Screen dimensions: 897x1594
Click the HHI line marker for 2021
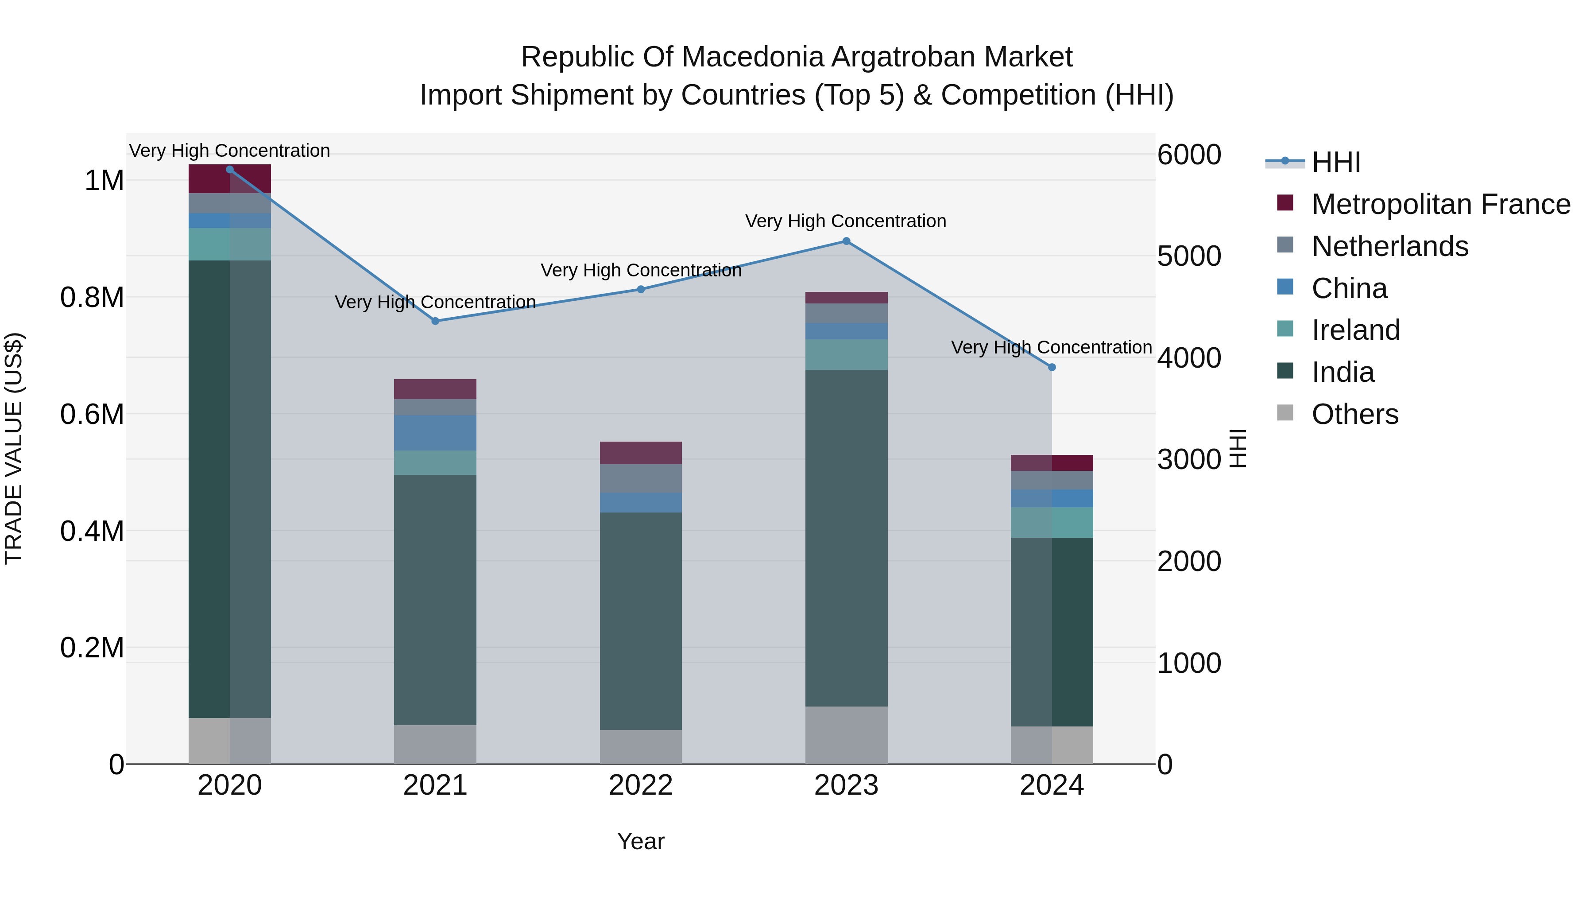435,321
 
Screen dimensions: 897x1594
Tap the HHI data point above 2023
846,241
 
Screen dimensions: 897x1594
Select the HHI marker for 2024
1051,367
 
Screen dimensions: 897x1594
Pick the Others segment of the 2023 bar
846,735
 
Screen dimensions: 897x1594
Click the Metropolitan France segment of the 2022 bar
640,453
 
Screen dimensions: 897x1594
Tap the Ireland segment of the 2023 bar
846,354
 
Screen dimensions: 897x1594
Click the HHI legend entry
1335,162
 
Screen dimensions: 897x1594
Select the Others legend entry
1354,414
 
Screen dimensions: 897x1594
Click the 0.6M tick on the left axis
92,414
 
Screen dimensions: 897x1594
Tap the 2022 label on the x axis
640,785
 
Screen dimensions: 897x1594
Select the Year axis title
640,841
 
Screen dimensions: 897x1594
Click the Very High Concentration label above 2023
845,221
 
